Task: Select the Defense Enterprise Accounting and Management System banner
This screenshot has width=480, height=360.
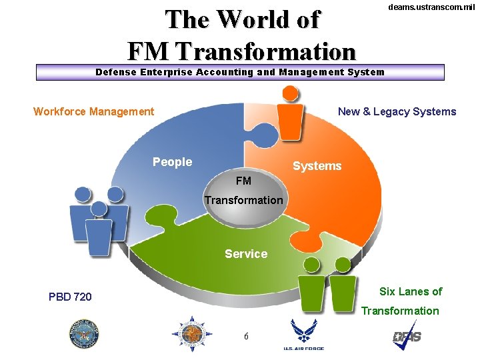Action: pos(240,72)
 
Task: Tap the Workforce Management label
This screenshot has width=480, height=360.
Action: pos(93,111)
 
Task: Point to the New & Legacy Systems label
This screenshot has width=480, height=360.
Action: pos(397,111)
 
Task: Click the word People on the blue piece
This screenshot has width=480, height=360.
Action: pos(172,162)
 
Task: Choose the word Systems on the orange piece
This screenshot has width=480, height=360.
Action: pos(317,166)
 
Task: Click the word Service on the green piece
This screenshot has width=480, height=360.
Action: pos(246,254)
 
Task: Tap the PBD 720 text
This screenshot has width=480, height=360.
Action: pos(70,297)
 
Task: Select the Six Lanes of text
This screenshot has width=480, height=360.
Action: pos(411,291)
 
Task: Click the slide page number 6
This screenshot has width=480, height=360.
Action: pos(246,336)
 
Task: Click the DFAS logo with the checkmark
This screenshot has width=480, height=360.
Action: pos(407,335)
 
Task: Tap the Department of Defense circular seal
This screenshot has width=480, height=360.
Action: pos(83,334)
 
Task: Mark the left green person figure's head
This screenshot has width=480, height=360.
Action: pos(311,265)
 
